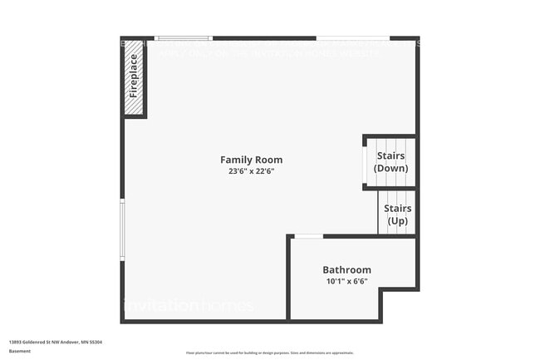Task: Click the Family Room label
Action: click(x=251, y=160)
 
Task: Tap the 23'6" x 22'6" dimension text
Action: click(x=251, y=172)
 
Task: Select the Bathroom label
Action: click(x=346, y=270)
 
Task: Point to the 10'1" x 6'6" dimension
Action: click(x=346, y=282)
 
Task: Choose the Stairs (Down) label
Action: click(x=391, y=162)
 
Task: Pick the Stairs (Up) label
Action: click(x=397, y=215)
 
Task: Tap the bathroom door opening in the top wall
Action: click(x=309, y=237)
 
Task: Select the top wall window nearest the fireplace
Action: click(x=184, y=38)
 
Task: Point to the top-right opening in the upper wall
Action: click(x=353, y=38)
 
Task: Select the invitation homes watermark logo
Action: click(x=188, y=305)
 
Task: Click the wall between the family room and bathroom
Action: click(x=289, y=279)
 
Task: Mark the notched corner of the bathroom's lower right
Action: click(x=381, y=291)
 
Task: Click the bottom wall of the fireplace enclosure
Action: click(x=135, y=116)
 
